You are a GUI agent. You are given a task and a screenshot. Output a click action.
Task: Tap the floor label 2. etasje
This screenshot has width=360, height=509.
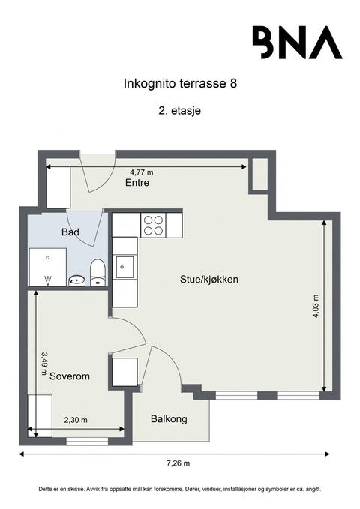click(x=180, y=110)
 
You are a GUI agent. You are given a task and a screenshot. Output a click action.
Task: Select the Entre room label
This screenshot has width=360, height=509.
click(x=136, y=183)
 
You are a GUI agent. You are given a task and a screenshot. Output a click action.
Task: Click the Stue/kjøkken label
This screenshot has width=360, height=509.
click(x=209, y=279)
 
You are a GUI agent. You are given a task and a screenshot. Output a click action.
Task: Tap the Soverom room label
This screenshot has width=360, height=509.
click(x=69, y=376)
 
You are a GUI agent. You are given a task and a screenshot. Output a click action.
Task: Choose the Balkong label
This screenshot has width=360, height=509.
click(x=168, y=418)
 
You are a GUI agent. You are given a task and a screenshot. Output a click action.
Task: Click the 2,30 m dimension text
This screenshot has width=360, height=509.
click(x=75, y=420)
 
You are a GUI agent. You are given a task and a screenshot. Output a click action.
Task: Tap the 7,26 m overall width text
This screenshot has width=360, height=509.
click(x=176, y=463)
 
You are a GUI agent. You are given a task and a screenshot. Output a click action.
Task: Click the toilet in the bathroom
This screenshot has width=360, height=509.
click(x=97, y=272)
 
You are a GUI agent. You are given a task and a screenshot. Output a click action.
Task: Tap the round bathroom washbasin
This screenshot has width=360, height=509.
click(x=76, y=280)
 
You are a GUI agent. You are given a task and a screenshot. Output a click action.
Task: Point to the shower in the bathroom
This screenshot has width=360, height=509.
click(x=47, y=268)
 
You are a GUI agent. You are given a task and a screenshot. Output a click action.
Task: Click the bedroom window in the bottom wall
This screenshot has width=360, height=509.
click(x=87, y=442)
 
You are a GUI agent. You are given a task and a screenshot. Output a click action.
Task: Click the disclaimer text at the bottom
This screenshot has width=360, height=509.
click(x=180, y=488)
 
